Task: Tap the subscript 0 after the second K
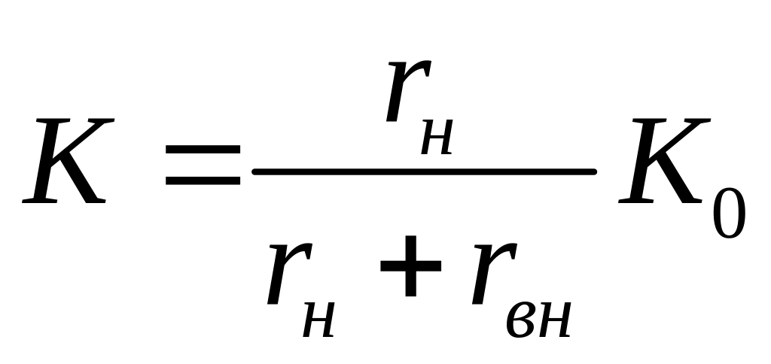pos(727,213)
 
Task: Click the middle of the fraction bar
pos(425,171)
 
